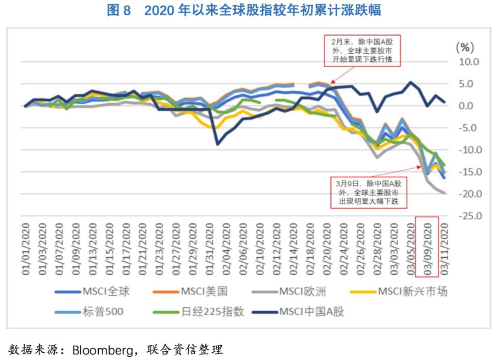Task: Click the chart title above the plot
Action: tap(244, 10)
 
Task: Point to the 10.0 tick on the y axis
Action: tap(469, 62)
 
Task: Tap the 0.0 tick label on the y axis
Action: tap(470, 106)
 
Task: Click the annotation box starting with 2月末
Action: tap(362, 51)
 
